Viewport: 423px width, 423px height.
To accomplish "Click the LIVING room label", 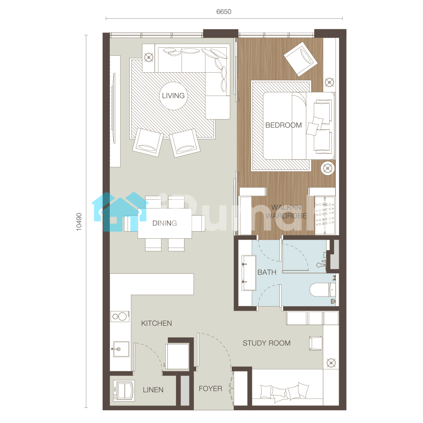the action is point(173,96).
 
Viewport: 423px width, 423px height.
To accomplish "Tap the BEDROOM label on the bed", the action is point(283,125).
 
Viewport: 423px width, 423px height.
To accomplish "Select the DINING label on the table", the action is point(164,223).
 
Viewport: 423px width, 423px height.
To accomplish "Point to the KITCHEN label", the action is point(156,323).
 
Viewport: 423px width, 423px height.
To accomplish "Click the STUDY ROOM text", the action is point(266,343).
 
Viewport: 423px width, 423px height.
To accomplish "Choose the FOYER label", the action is point(210,388).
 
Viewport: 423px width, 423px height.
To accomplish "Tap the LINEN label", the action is point(153,390).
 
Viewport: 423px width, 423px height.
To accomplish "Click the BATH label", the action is point(267,272).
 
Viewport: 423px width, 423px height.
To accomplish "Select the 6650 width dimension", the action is point(224,12).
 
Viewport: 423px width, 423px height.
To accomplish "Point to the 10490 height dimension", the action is point(79,222).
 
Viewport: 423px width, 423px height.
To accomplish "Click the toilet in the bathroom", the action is point(323,289).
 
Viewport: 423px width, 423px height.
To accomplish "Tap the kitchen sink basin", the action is point(121,349).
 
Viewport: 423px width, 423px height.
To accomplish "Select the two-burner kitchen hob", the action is point(120,317).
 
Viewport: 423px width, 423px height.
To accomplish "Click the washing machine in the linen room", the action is point(124,391).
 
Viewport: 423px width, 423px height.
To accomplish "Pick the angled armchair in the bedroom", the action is point(301,59).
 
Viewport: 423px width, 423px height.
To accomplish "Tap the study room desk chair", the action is point(315,343).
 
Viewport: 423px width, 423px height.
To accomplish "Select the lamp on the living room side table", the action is point(149,57).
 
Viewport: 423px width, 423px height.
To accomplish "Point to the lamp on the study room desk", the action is point(331,363).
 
